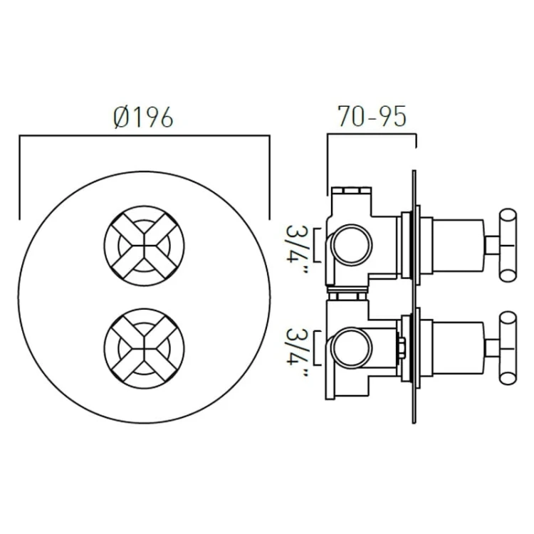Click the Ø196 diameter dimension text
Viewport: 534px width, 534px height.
click(x=143, y=117)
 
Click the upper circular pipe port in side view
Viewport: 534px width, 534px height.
click(x=350, y=244)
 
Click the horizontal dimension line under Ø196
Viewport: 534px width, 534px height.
click(x=143, y=135)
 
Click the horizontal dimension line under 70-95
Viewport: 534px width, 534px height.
click(x=371, y=134)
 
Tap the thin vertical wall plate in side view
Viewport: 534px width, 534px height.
click(x=414, y=299)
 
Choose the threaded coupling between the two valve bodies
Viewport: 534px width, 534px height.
click(x=347, y=292)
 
